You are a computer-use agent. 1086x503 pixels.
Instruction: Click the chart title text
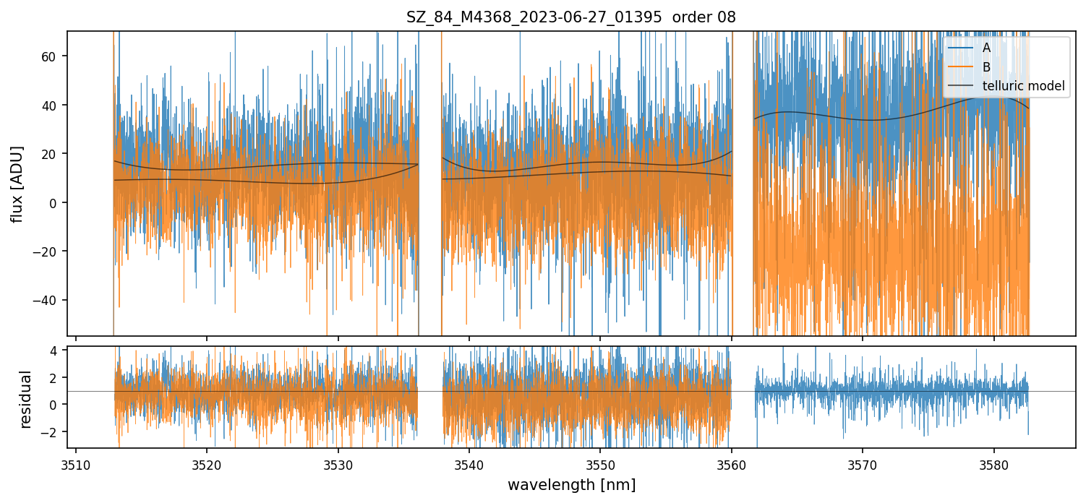(x=570, y=17)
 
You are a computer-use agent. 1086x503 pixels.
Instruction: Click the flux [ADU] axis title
(x=17, y=184)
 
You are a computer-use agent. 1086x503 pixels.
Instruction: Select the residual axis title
(x=26, y=398)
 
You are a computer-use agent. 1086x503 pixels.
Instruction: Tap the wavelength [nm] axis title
(x=571, y=485)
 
